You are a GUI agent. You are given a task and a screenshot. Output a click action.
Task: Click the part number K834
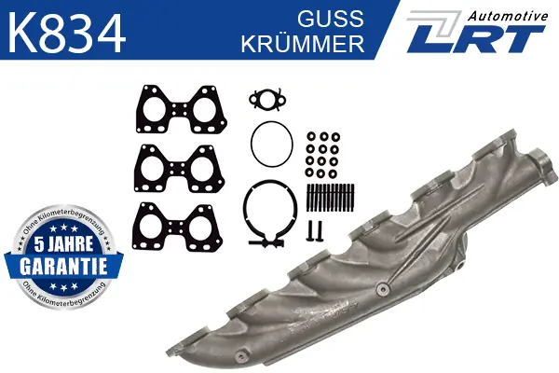point(67,34)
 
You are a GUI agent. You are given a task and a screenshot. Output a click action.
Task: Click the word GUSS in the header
point(331,19)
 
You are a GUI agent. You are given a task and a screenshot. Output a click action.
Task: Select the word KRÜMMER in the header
point(303,43)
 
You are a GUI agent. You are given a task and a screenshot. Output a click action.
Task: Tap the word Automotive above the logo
point(508,16)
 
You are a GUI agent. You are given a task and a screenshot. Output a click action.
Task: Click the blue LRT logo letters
point(475,38)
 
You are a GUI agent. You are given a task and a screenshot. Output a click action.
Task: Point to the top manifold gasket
point(181,109)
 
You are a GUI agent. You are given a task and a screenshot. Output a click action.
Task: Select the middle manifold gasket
point(179,169)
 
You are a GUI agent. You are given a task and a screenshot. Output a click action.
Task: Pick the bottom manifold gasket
point(177,227)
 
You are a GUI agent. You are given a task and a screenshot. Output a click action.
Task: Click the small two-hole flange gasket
point(267,99)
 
